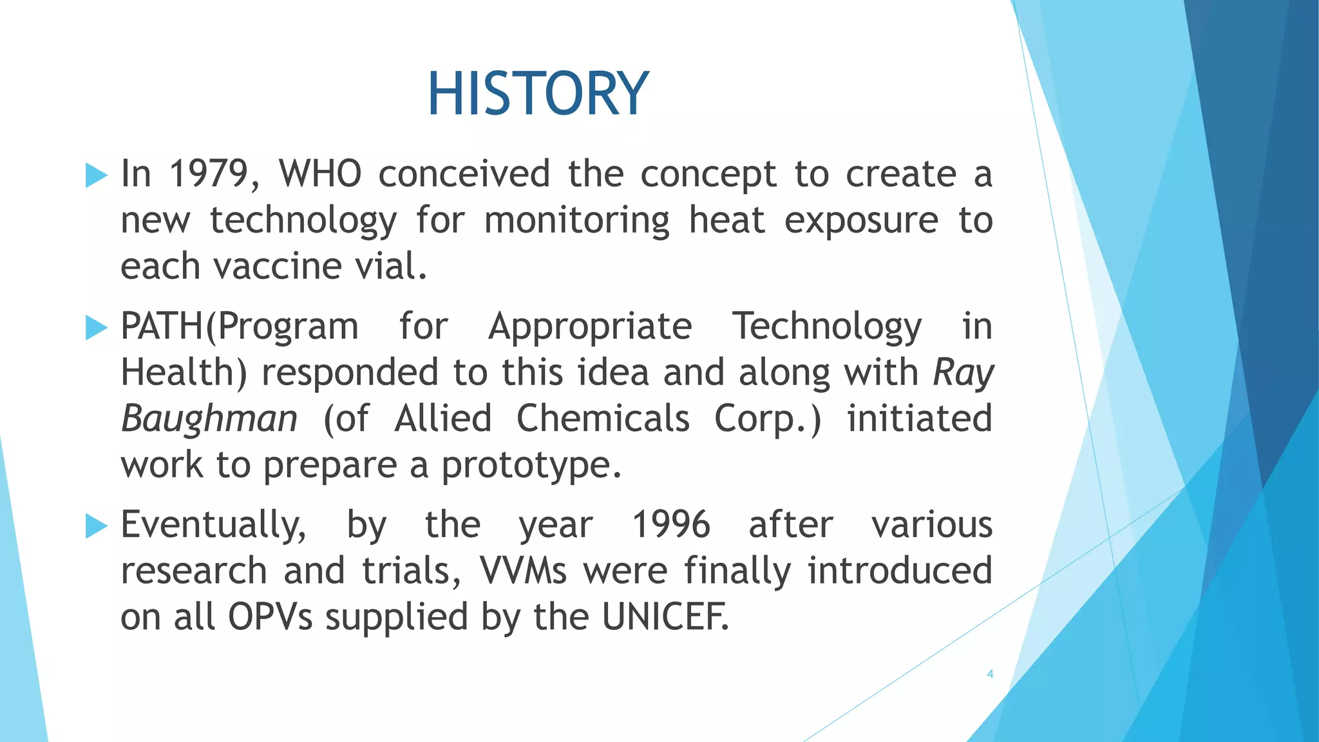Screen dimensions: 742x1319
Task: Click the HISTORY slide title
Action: [538, 94]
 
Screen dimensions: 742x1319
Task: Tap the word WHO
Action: [319, 174]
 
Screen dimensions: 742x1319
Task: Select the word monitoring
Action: [576, 221]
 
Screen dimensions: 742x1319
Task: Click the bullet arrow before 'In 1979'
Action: [96, 175]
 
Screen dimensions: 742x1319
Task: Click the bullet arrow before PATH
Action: [96, 328]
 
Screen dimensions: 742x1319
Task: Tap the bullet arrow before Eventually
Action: [96, 526]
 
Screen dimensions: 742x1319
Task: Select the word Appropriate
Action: [590, 327]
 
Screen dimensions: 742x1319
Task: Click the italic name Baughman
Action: [209, 419]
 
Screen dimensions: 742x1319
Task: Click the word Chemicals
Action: [603, 419]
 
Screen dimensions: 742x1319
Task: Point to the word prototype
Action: [531, 465]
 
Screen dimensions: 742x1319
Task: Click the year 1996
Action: [670, 525]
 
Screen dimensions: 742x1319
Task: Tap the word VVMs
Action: [523, 571]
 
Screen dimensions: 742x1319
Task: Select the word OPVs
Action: [270, 617]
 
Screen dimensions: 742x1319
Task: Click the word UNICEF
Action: [665, 617]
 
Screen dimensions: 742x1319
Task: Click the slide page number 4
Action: [990, 674]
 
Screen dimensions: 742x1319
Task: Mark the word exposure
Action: [861, 221]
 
